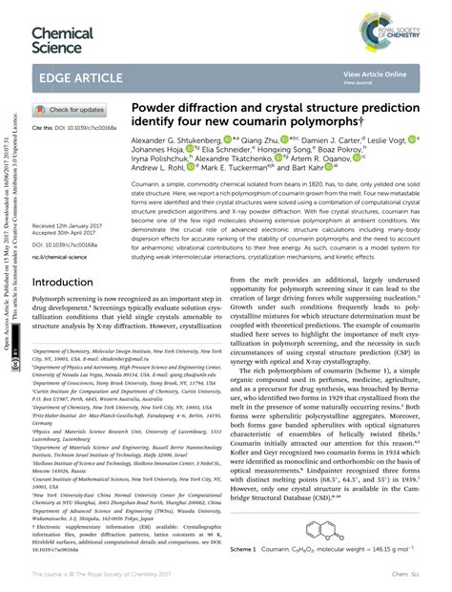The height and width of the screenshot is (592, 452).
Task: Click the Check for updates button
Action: click(x=71, y=110)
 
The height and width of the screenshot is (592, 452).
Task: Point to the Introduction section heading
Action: click(x=69, y=284)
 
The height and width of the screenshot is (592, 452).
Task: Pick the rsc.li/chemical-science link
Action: click(x=65, y=255)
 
